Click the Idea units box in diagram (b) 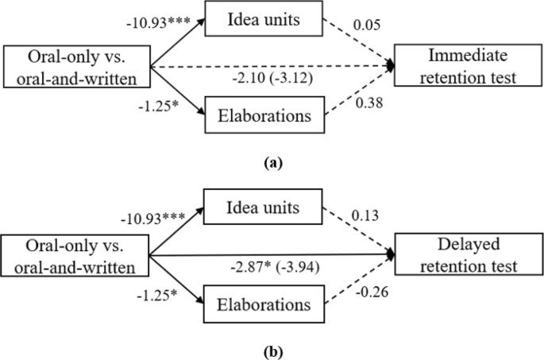tap(260, 207)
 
